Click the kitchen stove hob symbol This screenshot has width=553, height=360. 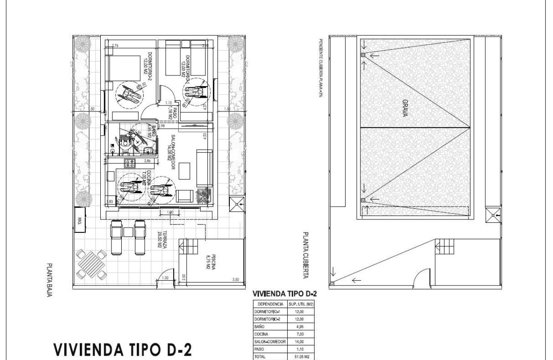coord(129,162)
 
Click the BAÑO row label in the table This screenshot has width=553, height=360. coord(259,327)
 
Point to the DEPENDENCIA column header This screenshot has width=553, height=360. coord(268,304)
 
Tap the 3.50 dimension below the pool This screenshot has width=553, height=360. coord(235,279)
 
